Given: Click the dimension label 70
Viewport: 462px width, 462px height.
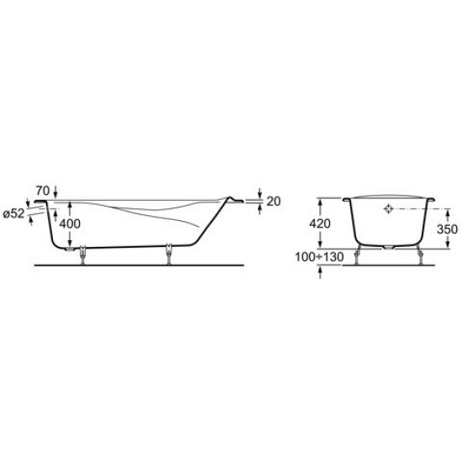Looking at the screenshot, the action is coord(43,191).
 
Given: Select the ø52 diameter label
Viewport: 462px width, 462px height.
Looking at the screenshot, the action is coord(13,213).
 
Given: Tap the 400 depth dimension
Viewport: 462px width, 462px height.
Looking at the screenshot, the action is coord(70,224).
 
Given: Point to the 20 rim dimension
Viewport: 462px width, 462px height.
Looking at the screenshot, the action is coord(274,202).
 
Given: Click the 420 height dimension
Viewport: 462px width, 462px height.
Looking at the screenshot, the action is coord(320,224).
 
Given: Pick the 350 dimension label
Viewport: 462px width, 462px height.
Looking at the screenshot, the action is coord(447,229).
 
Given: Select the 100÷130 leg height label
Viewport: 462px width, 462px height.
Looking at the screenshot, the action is coord(319,257).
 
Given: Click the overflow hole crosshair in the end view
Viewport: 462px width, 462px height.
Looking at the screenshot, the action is coord(389,208).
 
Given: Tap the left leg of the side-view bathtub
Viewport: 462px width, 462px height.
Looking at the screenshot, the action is coord(82,255).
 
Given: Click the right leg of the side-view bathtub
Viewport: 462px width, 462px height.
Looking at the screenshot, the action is coord(169,254).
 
